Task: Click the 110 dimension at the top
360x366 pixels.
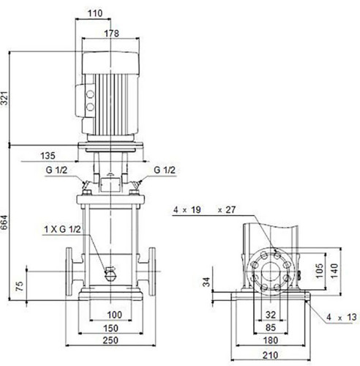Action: (95, 13)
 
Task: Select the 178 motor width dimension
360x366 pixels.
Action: (111, 34)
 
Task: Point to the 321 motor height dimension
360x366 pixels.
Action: (5, 98)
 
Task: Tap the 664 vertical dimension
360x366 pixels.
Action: (5, 223)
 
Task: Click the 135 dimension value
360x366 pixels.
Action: (48, 156)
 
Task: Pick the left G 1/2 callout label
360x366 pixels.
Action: (56, 170)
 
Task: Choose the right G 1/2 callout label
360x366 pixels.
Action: (165, 170)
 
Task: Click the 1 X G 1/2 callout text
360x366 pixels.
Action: (62, 229)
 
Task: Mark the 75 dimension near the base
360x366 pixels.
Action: (20, 286)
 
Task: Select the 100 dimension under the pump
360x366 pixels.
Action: (115, 315)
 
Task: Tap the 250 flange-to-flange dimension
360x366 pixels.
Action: (110, 340)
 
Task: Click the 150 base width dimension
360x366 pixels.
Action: (110, 328)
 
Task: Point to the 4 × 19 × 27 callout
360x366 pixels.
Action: (205, 210)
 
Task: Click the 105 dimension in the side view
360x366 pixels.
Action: (320, 270)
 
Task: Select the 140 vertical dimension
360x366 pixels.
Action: (334, 270)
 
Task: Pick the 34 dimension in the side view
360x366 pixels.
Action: (206, 282)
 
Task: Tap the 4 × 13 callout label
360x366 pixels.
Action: (342, 317)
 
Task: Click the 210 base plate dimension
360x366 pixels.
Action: (271, 355)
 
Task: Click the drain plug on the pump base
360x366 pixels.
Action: (110, 274)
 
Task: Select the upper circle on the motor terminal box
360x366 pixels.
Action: (90, 94)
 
